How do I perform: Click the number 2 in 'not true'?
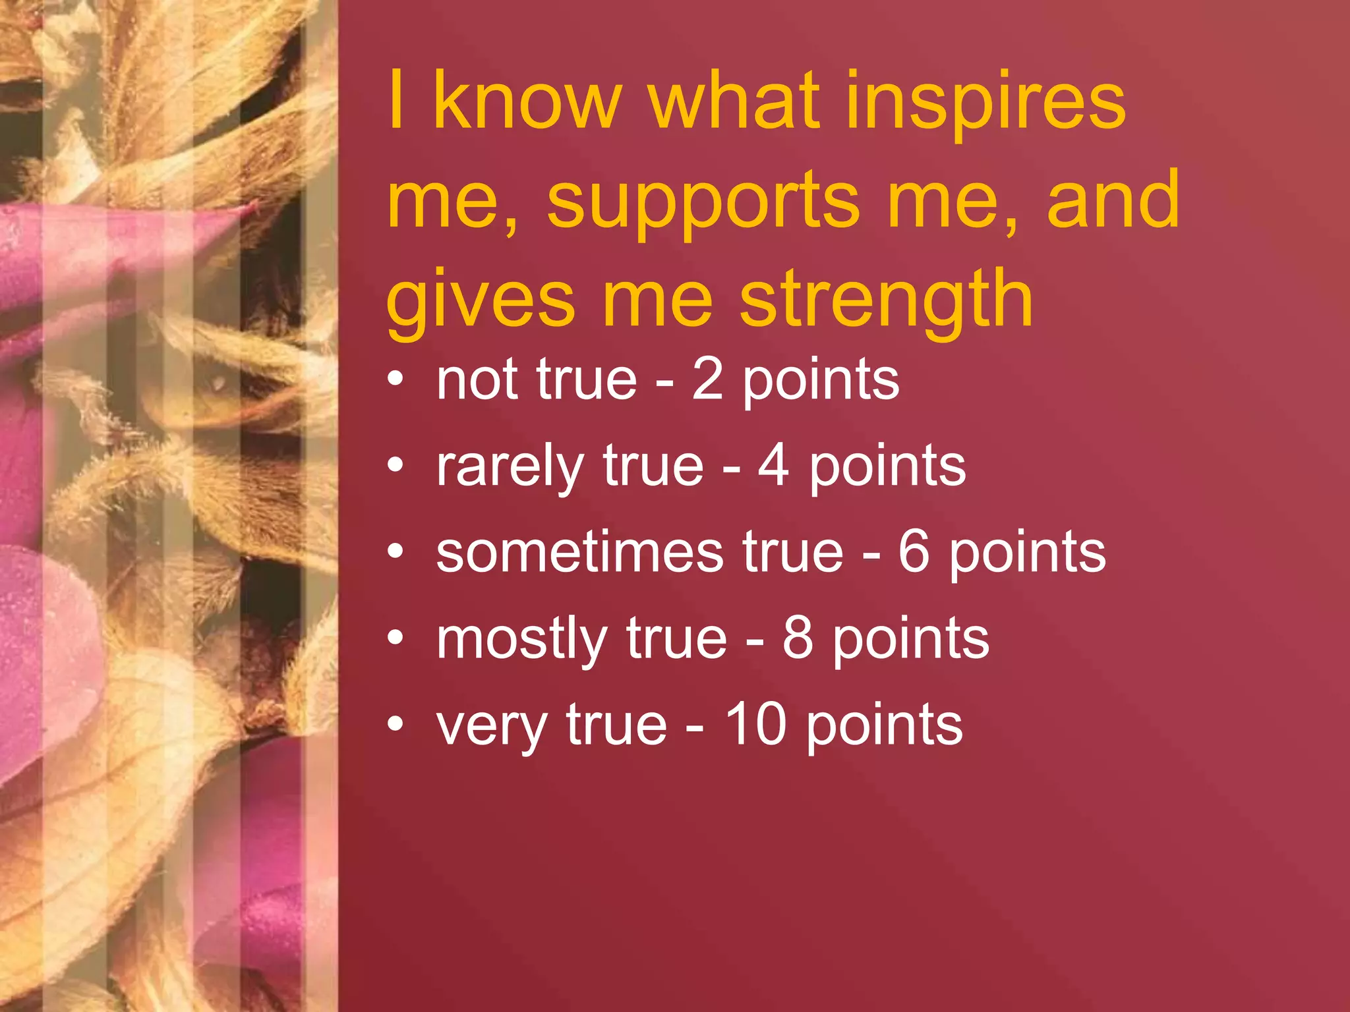[x=708, y=380]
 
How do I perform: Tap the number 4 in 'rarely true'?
[x=774, y=466]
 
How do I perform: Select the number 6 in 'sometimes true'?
[x=914, y=552]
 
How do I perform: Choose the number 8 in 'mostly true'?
[x=798, y=638]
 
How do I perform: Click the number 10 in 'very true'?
[x=755, y=725]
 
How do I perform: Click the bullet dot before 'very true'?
[x=395, y=724]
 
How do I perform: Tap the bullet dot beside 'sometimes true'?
[x=395, y=551]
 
